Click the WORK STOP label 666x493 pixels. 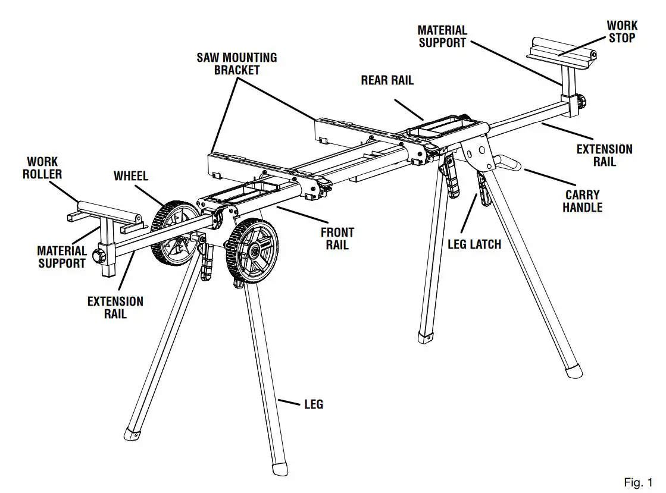click(622, 32)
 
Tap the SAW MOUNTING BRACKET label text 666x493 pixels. click(237, 64)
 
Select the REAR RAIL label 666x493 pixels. click(387, 80)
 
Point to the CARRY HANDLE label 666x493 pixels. click(582, 201)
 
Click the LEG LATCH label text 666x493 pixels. click(474, 244)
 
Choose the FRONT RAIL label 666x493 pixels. click(337, 238)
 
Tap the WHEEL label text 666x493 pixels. click(131, 176)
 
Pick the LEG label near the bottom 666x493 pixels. click(313, 404)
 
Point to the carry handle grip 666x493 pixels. click(509, 164)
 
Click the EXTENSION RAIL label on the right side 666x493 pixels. click(604, 155)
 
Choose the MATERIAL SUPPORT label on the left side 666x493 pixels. click(62, 258)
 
